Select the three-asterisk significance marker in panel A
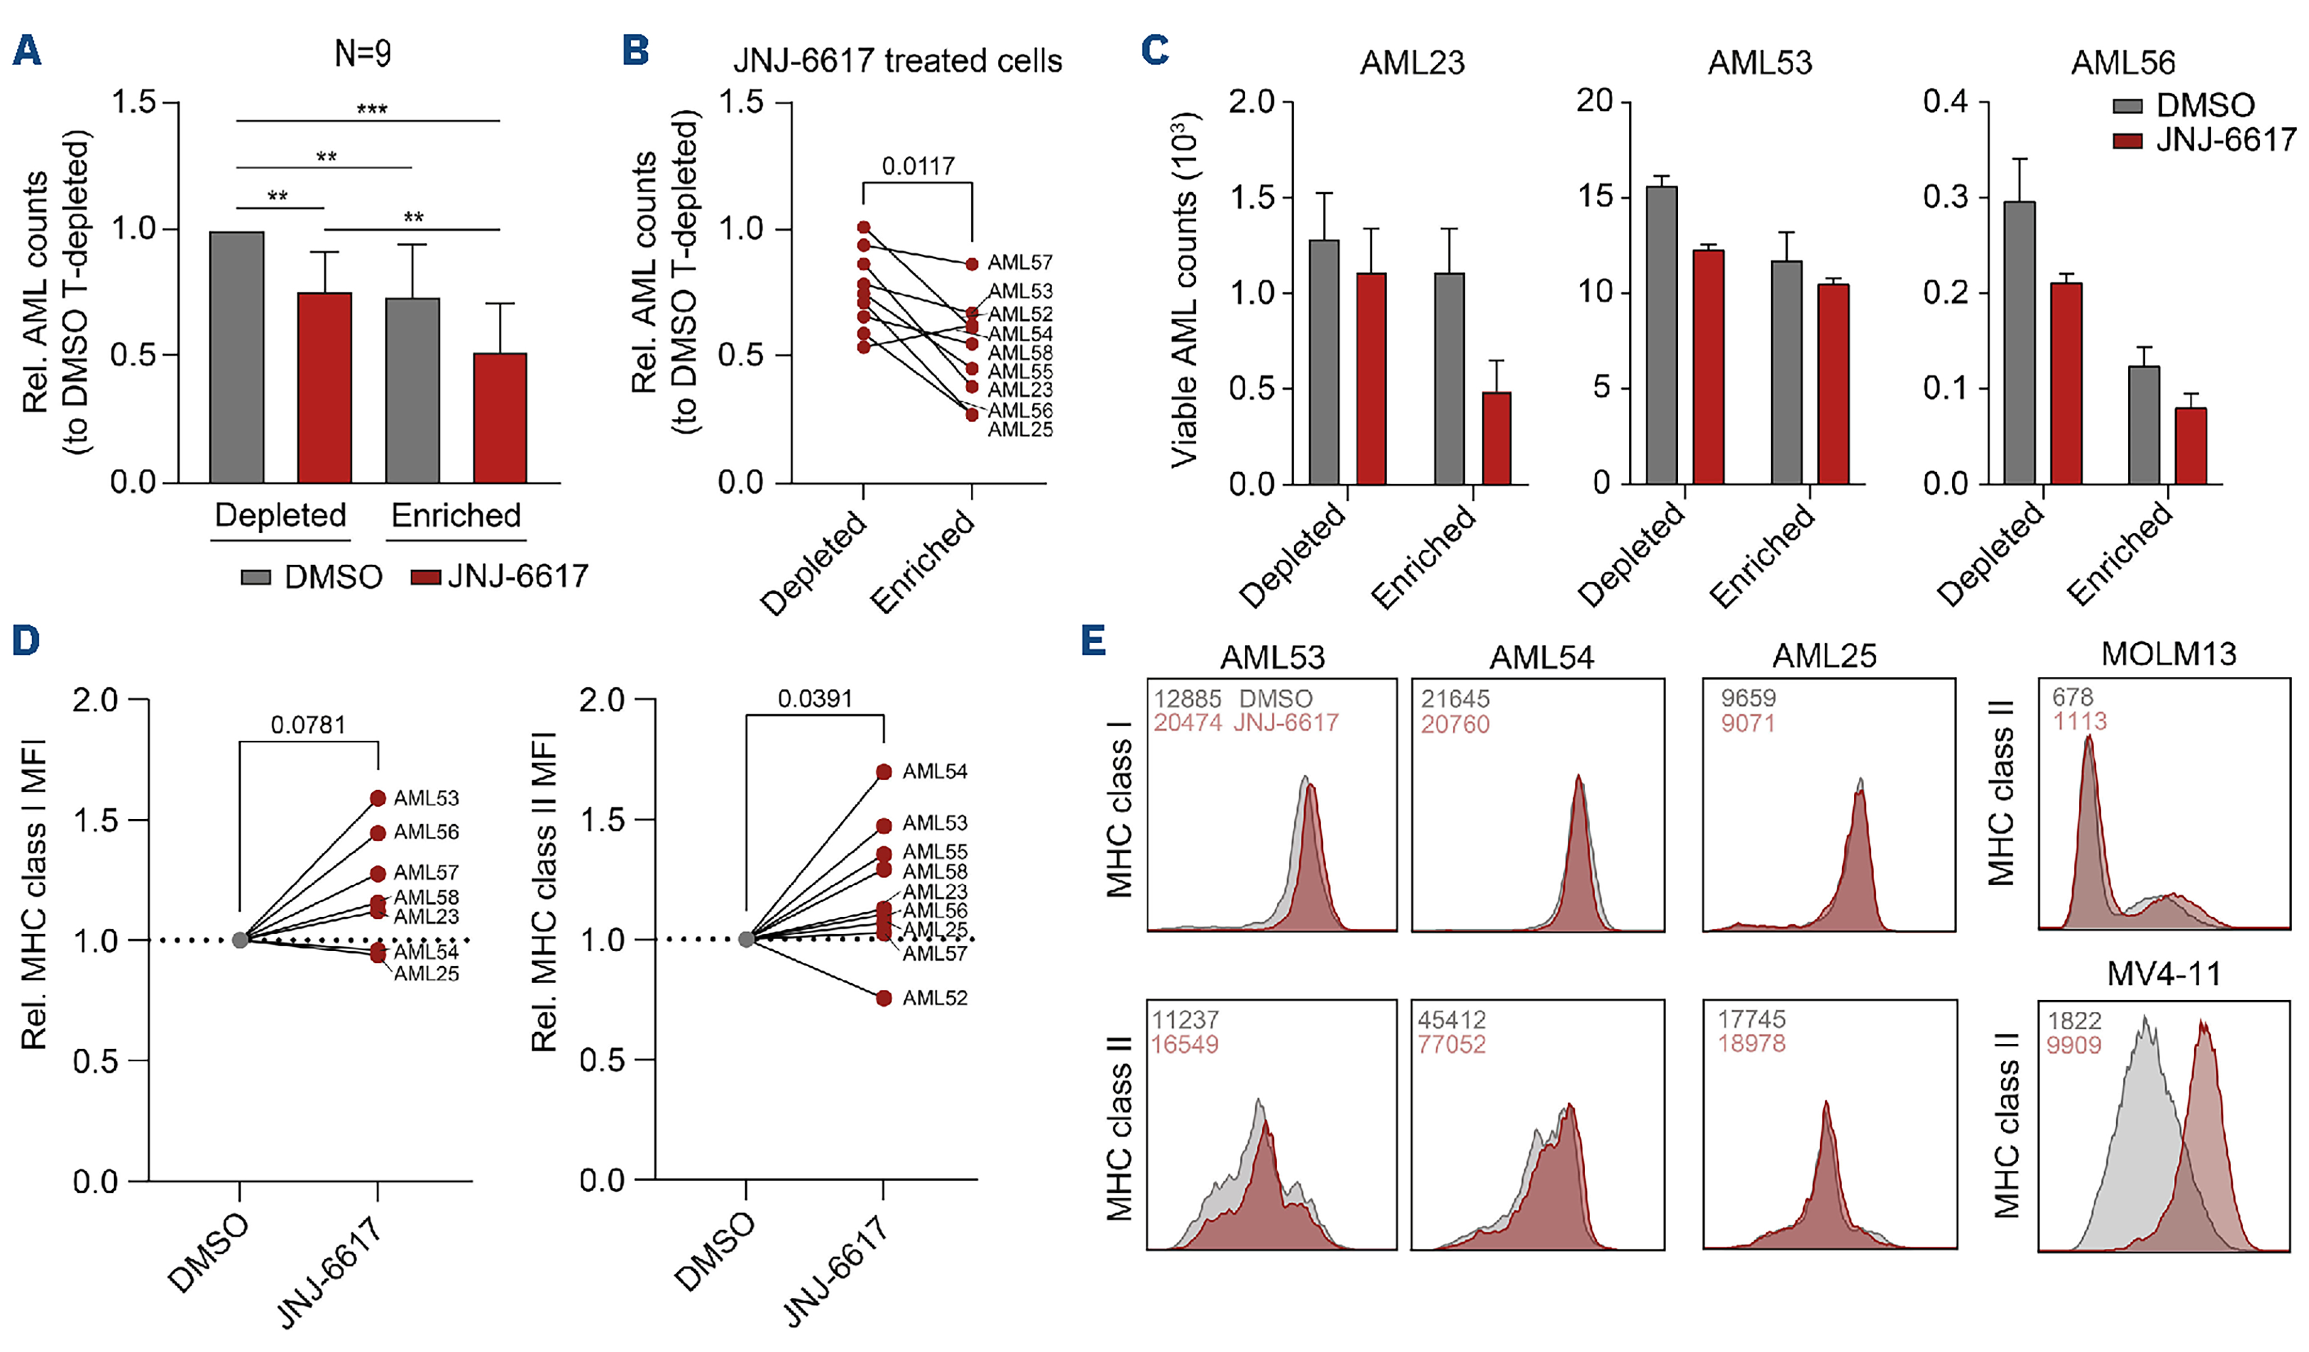tap(371, 111)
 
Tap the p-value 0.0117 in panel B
tap(917, 166)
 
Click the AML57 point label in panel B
tap(1020, 263)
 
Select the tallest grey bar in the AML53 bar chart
tap(1661, 334)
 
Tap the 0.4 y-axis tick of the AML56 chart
tap(1945, 102)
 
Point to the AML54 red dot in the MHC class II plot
tap(883, 772)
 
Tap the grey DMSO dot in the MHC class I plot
tap(240, 940)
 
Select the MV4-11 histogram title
tap(2164, 974)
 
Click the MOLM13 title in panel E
tap(2168, 654)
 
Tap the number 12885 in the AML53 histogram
tap(1187, 699)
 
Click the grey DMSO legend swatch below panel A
tap(255, 577)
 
